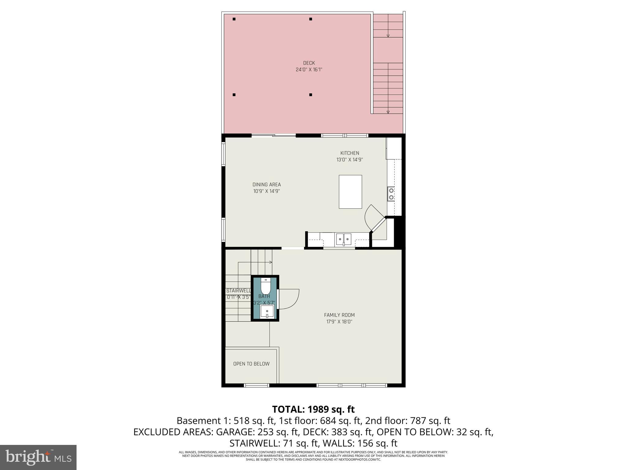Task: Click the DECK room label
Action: point(309,63)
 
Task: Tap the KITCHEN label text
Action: point(350,153)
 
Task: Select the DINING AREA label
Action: point(266,185)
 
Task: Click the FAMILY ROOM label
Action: point(339,315)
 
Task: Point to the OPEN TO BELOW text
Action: point(251,364)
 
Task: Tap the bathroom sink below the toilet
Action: point(267,312)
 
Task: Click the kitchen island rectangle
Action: point(350,192)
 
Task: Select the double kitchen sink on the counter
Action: point(344,239)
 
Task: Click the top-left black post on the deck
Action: point(234,19)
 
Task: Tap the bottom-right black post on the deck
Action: point(310,95)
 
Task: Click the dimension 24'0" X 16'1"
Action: point(309,70)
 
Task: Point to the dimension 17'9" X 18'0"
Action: point(339,322)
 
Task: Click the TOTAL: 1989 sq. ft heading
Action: point(313,409)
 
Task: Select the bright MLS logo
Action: point(38,457)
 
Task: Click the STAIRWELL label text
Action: point(238,291)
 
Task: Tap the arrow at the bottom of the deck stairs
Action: point(388,112)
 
